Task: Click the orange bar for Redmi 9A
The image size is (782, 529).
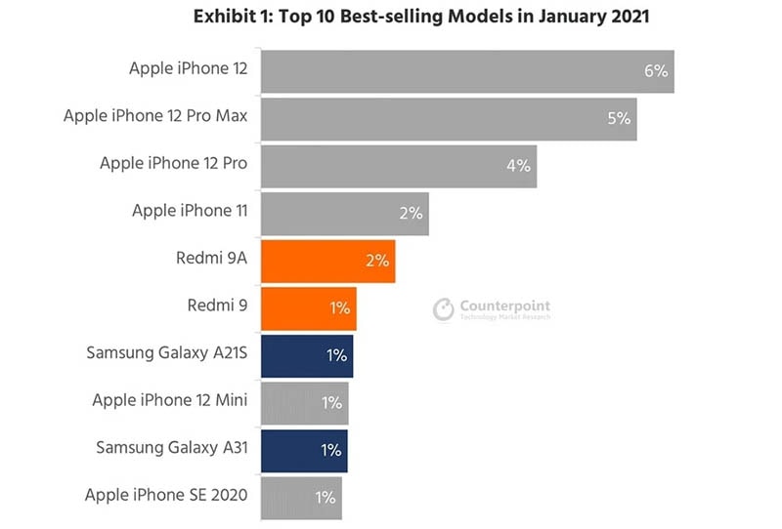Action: click(x=327, y=261)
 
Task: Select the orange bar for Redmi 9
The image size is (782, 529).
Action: click(x=308, y=307)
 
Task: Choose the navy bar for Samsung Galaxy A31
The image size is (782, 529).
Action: click(x=304, y=450)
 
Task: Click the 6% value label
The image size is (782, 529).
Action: click(x=655, y=70)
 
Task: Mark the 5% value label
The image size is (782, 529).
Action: click(x=619, y=118)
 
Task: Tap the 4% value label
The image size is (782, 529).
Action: click(x=518, y=165)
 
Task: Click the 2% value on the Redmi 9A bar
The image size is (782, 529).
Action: click(x=377, y=261)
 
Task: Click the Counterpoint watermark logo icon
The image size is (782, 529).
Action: click(x=444, y=309)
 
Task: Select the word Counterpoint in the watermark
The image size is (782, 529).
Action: click(x=504, y=305)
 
